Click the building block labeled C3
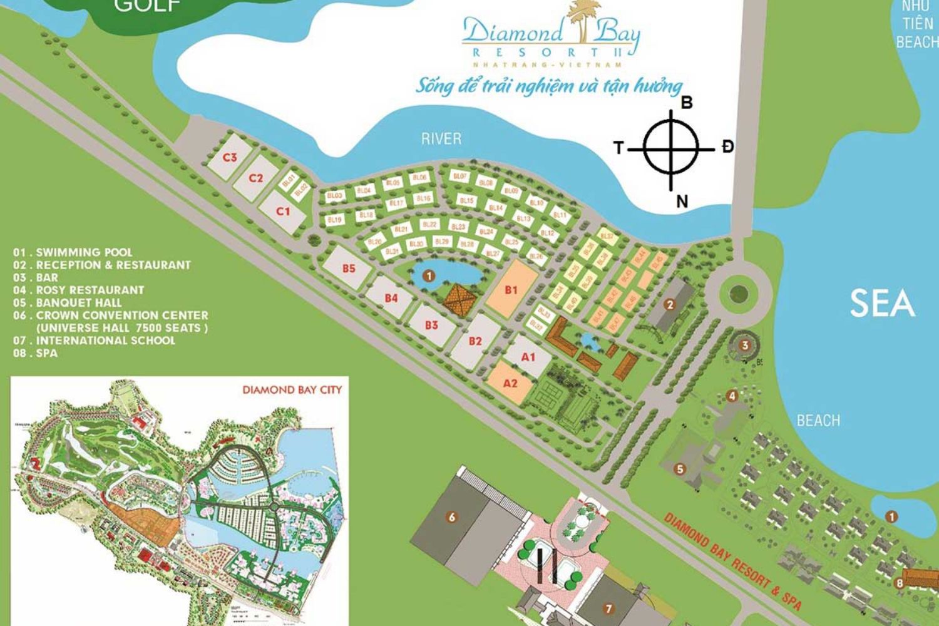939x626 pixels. (x=230, y=157)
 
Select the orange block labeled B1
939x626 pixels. (x=511, y=289)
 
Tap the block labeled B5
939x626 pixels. (x=349, y=268)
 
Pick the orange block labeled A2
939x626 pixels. (x=510, y=382)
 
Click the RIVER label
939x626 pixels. (x=441, y=139)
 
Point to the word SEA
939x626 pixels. (x=881, y=304)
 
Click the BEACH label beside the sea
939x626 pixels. (x=818, y=421)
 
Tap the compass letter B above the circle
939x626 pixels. (x=687, y=103)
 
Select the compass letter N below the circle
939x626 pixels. (x=682, y=202)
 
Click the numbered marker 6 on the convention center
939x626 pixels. (x=451, y=517)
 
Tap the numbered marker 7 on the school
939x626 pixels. (x=608, y=608)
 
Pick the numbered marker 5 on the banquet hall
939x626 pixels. (x=680, y=468)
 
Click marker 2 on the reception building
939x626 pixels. (x=670, y=305)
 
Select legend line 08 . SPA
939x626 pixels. (x=36, y=353)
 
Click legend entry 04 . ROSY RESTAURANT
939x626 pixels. (x=79, y=290)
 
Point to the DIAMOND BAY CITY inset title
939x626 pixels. (x=292, y=389)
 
